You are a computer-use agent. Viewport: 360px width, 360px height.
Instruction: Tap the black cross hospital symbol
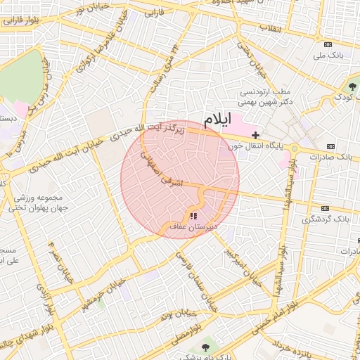[x=256, y=134]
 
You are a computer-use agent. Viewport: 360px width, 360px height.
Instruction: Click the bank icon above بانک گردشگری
[x=325, y=208]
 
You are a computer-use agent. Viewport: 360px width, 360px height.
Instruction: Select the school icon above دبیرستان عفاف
[x=193, y=216]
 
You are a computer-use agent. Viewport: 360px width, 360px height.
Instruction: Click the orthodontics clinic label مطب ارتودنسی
[x=265, y=93]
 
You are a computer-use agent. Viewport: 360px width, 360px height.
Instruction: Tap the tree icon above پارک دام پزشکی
[x=206, y=348]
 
